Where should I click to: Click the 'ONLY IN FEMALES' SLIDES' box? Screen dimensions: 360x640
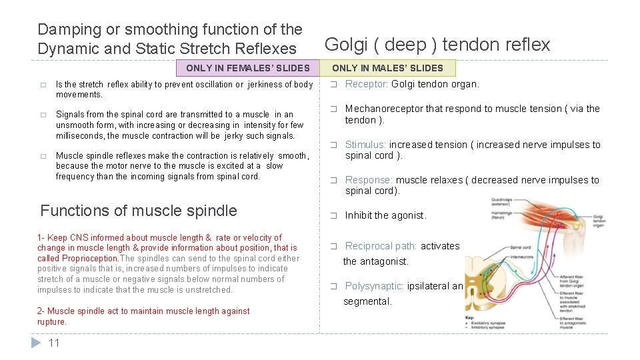point(247,68)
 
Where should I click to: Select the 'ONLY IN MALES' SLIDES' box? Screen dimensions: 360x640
point(387,68)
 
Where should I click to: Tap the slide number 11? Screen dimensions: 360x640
point(54,343)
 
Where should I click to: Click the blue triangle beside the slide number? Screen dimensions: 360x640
point(37,343)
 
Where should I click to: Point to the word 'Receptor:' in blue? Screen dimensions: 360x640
point(366,84)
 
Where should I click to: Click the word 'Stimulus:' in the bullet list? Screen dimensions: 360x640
point(365,145)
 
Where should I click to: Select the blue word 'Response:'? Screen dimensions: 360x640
point(369,180)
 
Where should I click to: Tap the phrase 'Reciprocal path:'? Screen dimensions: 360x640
point(381,246)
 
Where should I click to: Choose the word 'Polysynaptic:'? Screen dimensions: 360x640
point(374,286)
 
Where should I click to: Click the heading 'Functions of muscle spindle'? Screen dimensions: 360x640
point(139,211)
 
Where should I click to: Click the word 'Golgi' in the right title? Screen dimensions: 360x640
point(344,45)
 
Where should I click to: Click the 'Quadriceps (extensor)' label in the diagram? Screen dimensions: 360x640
point(502,201)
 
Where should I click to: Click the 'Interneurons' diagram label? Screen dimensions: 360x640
point(523,257)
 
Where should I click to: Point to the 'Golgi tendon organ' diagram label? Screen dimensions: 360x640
point(599,221)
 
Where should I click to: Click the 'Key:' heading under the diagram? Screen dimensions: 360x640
point(470,318)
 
